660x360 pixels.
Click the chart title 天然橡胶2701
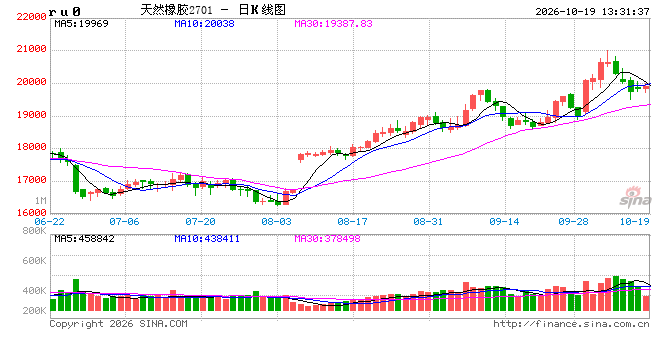[176, 10]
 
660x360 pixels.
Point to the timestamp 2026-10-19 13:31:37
[592, 12]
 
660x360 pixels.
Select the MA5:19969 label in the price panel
[81, 24]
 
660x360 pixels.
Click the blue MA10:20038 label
[204, 24]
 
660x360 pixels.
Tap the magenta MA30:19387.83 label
[333, 24]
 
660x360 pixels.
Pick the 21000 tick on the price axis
[31, 49]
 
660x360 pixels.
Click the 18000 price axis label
[31, 147]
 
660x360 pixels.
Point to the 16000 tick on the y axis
[31, 213]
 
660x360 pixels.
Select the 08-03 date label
[276, 221]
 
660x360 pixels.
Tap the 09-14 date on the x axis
[504, 221]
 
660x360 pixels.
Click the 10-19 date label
[634, 221]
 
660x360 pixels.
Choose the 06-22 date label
[49, 221]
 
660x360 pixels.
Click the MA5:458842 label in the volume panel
[84, 239]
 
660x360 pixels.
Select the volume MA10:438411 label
[207, 239]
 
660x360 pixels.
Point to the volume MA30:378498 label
[327, 239]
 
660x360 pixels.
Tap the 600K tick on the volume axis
[34, 261]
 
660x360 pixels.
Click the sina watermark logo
[635, 197]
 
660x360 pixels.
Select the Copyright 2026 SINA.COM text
[118, 324]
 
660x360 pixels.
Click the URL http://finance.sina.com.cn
[571, 324]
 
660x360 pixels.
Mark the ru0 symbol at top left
[64, 12]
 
